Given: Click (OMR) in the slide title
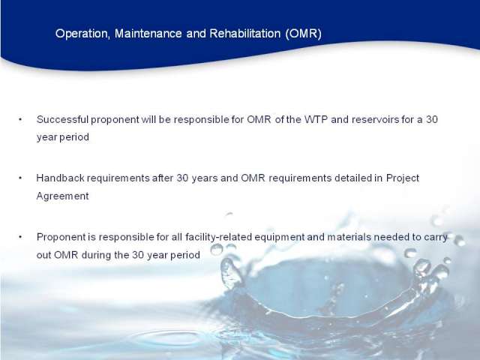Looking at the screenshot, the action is coord(303,34).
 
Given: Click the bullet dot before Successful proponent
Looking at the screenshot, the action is coord(20,119).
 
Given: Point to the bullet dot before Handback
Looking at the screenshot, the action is coord(20,178).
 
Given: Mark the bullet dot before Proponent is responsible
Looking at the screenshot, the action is coord(20,237).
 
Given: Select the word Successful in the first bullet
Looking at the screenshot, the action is coord(62,119).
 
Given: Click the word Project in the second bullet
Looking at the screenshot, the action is coord(403,178).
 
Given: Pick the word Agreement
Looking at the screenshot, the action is coord(63,196).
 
